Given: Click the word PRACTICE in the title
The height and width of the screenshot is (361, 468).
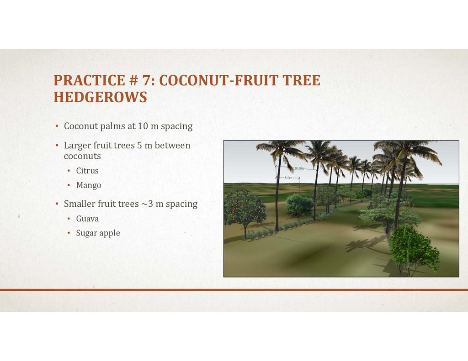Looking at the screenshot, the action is [89, 80].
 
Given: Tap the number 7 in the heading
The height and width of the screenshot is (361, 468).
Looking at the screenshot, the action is [146, 80].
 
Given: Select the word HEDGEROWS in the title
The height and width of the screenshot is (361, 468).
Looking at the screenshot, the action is [100, 97].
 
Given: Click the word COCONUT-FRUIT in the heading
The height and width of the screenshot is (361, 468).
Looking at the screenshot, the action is [218, 80].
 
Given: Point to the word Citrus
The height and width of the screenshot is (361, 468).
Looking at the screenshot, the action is [87, 171].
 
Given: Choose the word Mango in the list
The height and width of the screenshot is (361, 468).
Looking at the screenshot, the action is [89, 185].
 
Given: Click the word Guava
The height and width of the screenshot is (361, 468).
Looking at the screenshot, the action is [87, 219].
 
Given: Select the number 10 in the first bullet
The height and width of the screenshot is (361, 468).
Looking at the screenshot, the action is [143, 126].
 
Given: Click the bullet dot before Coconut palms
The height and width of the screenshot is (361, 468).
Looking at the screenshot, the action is [57, 126].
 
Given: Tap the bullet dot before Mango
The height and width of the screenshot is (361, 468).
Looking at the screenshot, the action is [69, 185].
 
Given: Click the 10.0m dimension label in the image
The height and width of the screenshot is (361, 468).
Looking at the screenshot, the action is [299, 168].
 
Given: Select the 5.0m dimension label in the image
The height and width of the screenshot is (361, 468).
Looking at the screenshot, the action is [288, 178].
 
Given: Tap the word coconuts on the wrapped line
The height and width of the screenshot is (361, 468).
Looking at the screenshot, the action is [82, 156].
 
